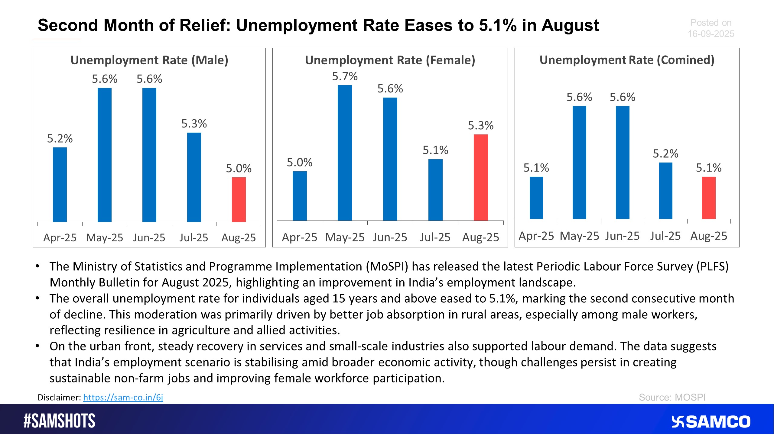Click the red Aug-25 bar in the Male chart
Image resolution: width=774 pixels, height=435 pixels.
click(239, 200)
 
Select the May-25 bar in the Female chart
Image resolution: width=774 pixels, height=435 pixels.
click(345, 153)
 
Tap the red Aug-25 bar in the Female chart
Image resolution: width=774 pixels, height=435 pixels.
click(480, 178)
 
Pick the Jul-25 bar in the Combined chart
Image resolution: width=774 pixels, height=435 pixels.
click(665, 191)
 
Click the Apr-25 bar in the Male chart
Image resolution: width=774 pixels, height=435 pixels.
click(60, 185)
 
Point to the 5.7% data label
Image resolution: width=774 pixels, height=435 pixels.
click(345, 76)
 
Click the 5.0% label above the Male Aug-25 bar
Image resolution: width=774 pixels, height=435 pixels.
click(239, 169)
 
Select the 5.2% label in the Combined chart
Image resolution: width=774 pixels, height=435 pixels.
click(665, 154)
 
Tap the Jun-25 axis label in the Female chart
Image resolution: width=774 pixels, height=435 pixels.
click(390, 237)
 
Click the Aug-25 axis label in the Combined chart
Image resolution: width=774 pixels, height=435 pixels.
click(708, 236)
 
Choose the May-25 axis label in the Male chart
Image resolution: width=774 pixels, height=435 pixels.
click(105, 238)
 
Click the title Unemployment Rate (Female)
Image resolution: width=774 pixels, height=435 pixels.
click(390, 60)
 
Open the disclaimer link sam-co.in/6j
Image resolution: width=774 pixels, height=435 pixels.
click(123, 397)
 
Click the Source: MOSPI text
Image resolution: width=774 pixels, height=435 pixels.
click(672, 397)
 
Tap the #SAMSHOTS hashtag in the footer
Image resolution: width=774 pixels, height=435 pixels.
click(60, 421)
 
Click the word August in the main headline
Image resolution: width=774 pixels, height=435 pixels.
click(570, 25)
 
